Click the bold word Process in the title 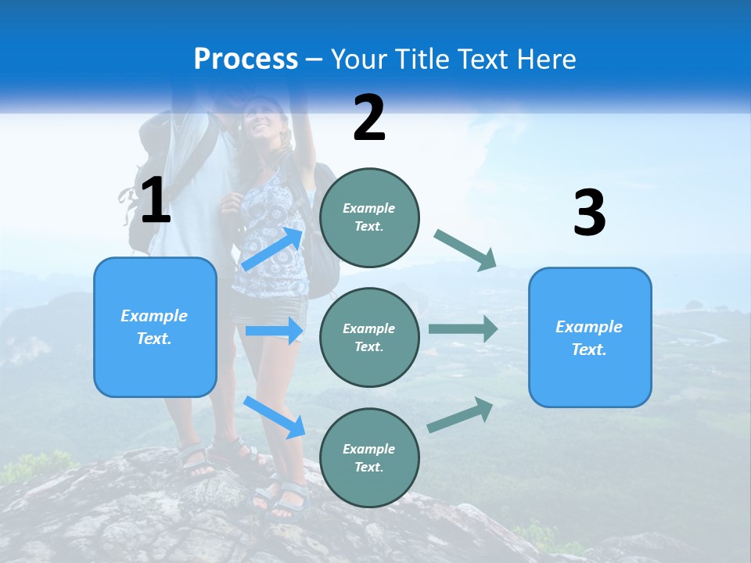[246, 59]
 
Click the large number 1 [156, 200]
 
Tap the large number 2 [369, 118]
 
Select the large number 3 [589, 213]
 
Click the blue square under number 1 [155, 327]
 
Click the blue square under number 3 [589, 337]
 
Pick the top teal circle [369, 217]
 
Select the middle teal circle [369, 337]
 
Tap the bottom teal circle [369, 457]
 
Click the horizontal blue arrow [274, 331]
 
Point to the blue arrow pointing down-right [274, 416]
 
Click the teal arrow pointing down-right [466, 250]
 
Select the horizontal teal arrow [463, 328]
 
